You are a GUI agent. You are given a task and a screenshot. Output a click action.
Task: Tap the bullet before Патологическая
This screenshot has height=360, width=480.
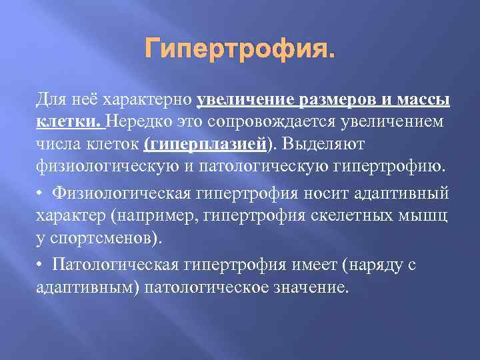[x=40, y=266]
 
